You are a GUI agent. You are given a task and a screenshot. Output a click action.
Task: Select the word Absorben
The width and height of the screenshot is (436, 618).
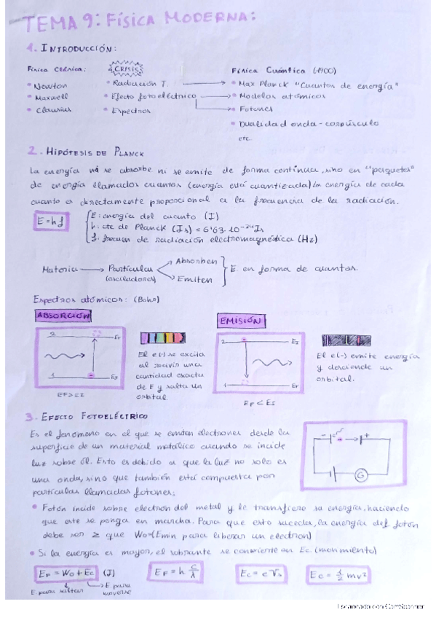[196, 261]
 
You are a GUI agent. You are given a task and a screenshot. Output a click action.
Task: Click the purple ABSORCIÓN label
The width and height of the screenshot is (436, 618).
[63, 316]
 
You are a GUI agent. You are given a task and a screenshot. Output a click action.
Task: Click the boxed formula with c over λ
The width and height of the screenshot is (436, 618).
[175, 571]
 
